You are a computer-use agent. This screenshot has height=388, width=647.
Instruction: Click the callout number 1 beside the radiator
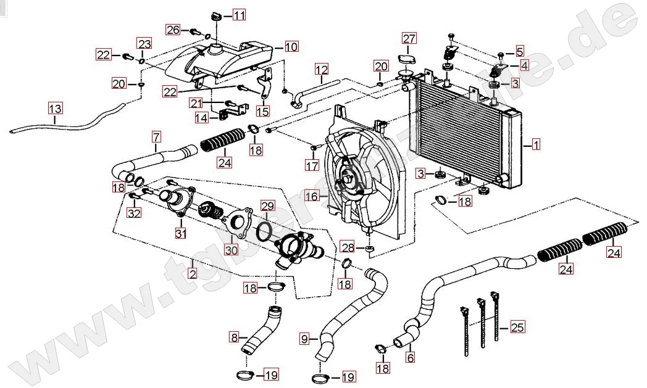(x=536, y=146)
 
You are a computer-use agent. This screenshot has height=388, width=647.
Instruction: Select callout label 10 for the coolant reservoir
(x=291, y=46)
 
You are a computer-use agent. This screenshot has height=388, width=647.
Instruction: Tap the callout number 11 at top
(x=239, y=14)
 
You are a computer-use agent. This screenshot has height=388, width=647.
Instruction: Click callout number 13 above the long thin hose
(x=56, y=110)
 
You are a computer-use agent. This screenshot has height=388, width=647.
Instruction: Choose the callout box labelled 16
(x=312, y=197)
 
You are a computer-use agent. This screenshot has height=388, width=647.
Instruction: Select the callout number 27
(x=410, y=39)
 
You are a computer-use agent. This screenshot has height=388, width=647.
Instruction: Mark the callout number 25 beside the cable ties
(x=517, y=328)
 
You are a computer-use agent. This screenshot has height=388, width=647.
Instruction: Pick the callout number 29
(x=267, y=205)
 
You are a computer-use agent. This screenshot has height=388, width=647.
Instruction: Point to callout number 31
(x=181, y=233)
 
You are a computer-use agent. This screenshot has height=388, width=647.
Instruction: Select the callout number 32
(x=134, y=213)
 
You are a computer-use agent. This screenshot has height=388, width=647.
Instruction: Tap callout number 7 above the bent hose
(x=156, y=136)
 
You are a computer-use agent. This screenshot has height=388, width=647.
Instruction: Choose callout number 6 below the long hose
(x=410, y=357)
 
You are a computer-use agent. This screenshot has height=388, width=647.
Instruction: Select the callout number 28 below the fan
(x=348, y=248)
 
